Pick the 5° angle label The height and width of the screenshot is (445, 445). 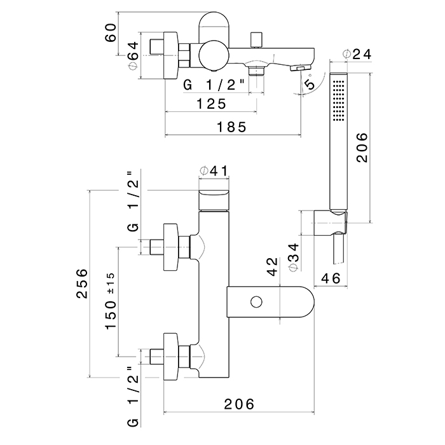(310, 84)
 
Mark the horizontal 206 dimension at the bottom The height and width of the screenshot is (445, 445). (238, 403)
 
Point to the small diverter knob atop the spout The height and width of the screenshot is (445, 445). (258, 38)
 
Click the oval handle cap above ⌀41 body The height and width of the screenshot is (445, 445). (214, 198)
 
